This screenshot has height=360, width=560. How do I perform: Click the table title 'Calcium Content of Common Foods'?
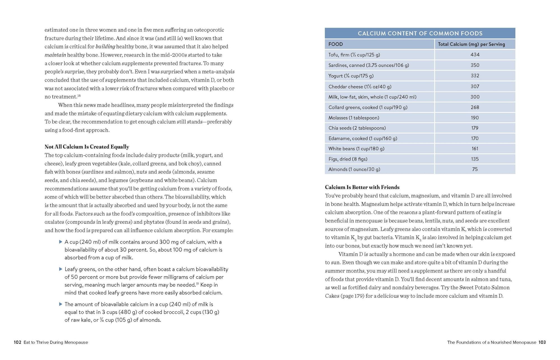click(420, 33)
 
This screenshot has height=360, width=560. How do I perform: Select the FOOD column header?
click(335, 44)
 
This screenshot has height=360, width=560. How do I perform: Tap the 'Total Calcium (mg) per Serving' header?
click(471, 44)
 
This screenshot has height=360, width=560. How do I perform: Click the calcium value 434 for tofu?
click(475, 55)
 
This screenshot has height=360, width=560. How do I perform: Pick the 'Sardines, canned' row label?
click(368, 65)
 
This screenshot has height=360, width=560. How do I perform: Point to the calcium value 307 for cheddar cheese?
click(475, 86)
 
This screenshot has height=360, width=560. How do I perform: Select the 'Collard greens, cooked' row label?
click(368, 107)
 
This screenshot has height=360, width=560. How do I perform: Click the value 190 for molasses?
click(475, 118)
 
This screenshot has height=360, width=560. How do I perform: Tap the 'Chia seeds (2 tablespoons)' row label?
click(357, 128)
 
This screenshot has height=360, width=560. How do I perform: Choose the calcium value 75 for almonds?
click(475, 169)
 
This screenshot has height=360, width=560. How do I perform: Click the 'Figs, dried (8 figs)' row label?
click(348, 159)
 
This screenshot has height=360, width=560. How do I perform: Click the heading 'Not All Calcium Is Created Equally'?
click(87, 147)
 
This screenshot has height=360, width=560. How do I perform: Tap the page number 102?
click(17, 342)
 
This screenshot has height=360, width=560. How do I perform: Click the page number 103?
click(542, 342)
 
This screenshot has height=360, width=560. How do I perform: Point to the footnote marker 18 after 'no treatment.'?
click(79, 96)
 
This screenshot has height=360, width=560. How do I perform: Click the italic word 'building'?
click(105, 47)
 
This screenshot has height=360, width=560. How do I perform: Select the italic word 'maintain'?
click(55, 55)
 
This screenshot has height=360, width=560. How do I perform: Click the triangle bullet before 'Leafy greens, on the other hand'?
click(60, 269)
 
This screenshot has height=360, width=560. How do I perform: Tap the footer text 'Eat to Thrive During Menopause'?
click(56, 342)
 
